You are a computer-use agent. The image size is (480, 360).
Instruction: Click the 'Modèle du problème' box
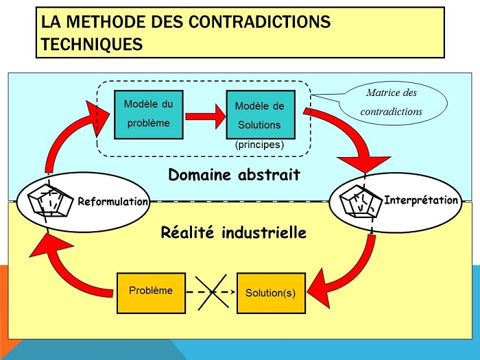coord(149,115)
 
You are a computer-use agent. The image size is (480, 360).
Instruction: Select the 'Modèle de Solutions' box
coord(261,115)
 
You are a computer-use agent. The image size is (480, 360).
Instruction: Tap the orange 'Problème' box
coord(151,293)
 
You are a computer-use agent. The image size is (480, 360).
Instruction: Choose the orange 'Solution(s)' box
coord(271,293)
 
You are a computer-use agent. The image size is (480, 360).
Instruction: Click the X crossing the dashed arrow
coord(212,292)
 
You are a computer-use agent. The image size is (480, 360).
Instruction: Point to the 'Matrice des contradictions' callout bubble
coord(392,103)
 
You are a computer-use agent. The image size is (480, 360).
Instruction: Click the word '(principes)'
coord(260,145)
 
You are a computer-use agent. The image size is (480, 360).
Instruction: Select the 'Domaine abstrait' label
coord(235,175)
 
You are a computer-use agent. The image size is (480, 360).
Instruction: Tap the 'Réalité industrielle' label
coord(234,232)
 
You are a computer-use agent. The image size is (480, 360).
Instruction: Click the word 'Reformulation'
coord(112,202)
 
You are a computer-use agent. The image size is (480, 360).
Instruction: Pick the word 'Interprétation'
coord(421,200)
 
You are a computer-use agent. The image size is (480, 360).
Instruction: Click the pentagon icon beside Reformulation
coord(51,201)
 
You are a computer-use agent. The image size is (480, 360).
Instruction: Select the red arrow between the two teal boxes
coord(206,117)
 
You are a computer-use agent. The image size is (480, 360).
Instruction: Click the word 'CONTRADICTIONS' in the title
coord(259,22)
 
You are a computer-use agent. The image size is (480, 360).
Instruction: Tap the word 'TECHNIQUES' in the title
coord(92,44)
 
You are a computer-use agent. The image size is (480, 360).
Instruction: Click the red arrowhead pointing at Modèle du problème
coord(97,117)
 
